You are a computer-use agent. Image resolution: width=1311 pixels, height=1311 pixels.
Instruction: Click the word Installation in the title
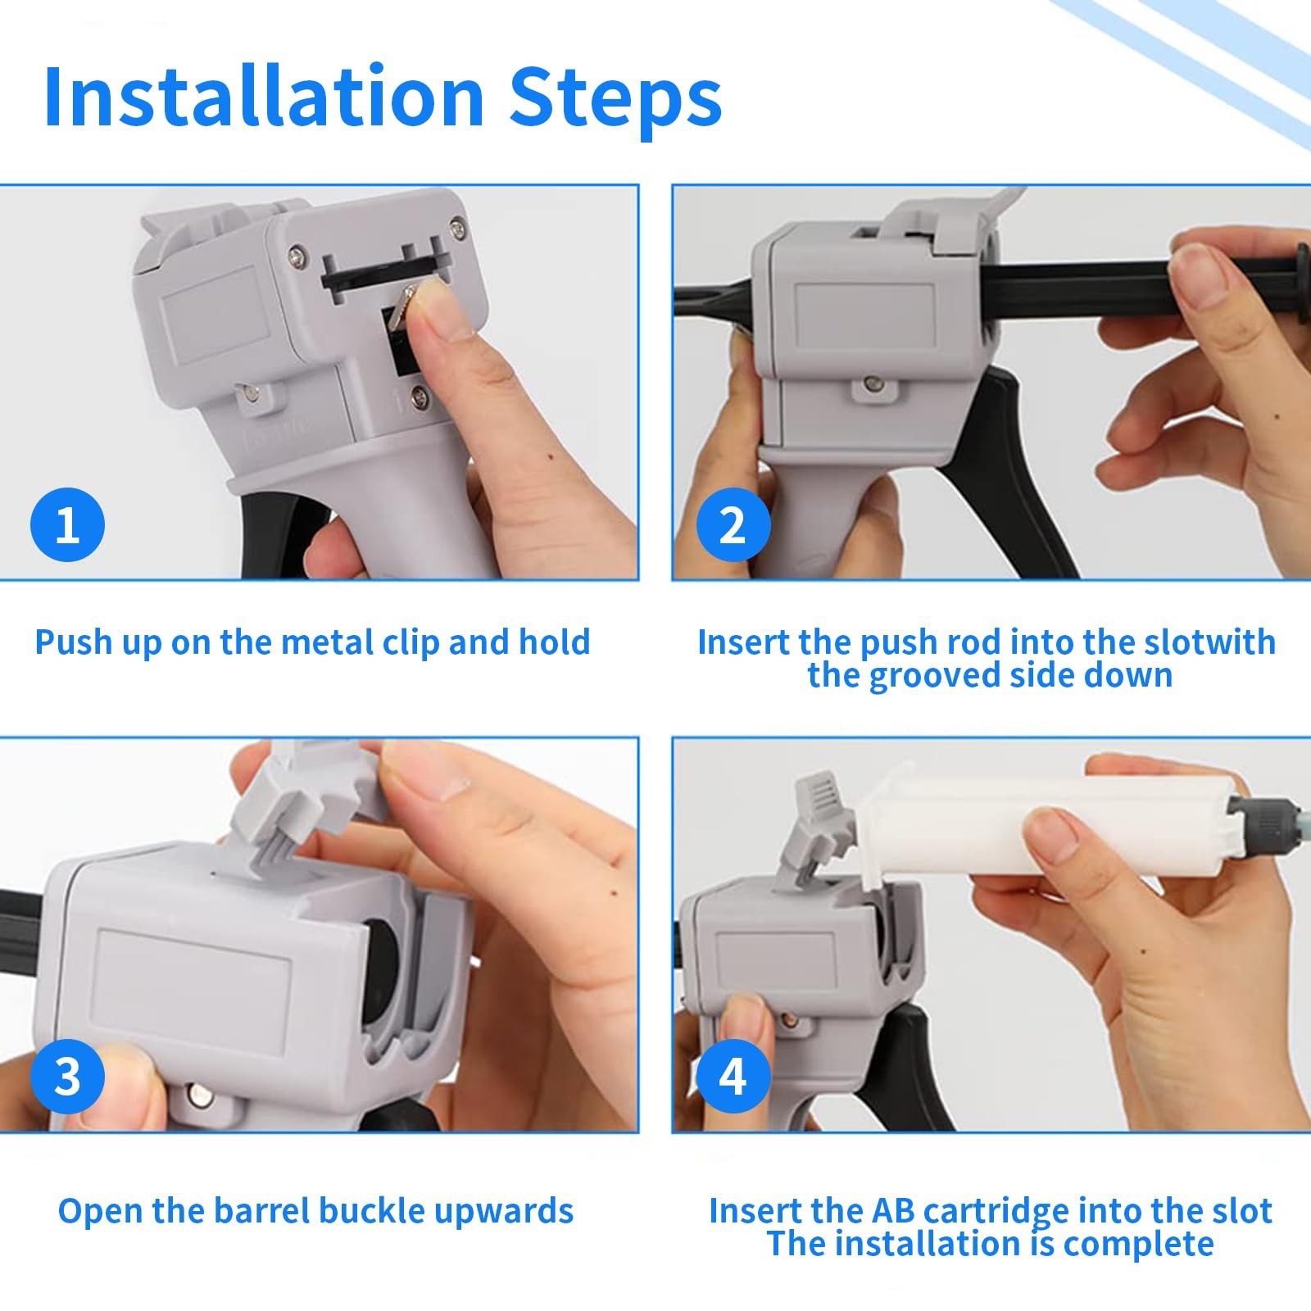pyautogui.click(x=264, y=97)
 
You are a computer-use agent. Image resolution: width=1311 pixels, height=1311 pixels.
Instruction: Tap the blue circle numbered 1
pyautogui.click(x=67, y=524)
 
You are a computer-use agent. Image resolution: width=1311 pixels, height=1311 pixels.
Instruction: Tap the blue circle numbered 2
pyautogui.click(x=733, y=524)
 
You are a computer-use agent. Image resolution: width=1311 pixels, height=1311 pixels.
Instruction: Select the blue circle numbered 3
pyautogui.click(x=67, y=1076)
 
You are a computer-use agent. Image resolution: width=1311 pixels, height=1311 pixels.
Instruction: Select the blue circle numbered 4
pyautogui.click(x=733, y=1076)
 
